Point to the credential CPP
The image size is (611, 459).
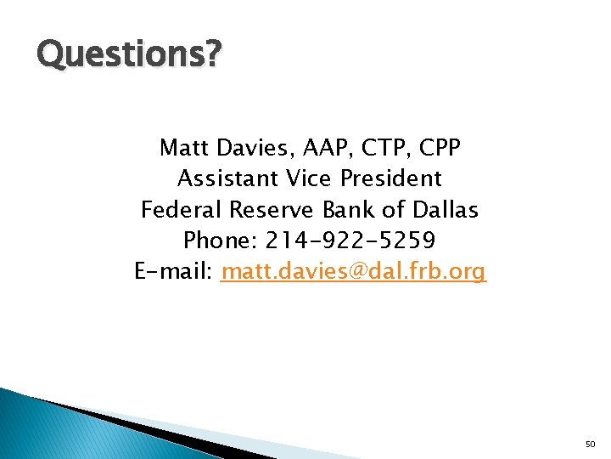pos(439,148)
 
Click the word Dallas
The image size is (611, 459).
pos(446,209)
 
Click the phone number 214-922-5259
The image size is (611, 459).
pos(350,241)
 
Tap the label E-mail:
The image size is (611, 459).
pos(174,272)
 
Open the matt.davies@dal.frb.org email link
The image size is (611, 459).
pos(353,272)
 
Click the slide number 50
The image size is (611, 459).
pos(591,445)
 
